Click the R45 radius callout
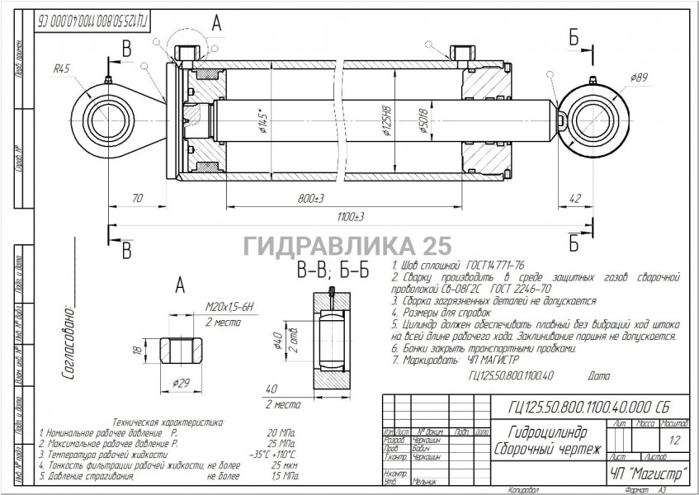(60, 70)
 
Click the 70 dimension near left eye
(137, 199)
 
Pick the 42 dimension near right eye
(574, 199)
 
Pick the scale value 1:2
(676, 440)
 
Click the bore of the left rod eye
(107, 123)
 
